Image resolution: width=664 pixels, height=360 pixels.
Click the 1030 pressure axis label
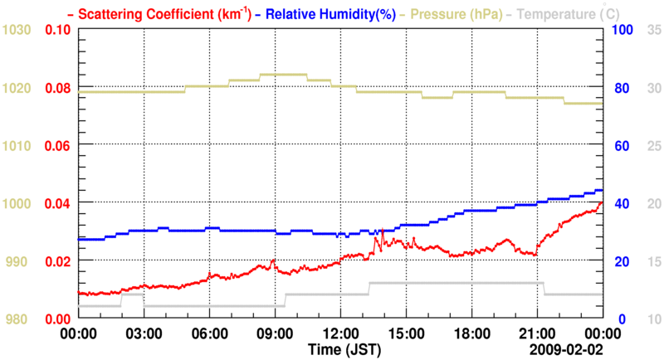[x=17, y=30]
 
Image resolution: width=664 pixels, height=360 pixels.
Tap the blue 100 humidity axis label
[x=622, y=30]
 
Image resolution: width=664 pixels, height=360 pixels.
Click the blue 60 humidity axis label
[x=619, y=146]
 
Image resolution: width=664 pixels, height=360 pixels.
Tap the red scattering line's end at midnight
[x=602, y=202]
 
